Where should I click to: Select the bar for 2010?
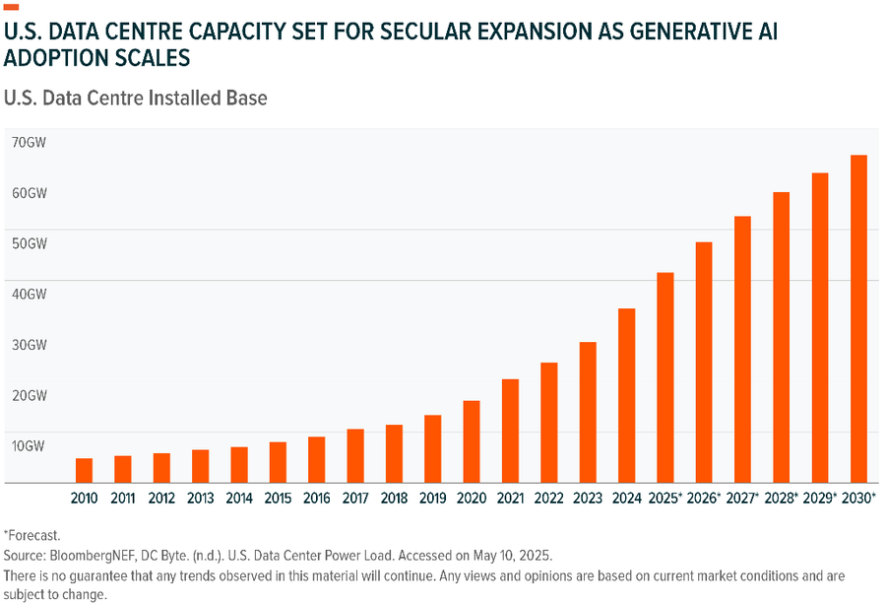85,470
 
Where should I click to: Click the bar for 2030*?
858,318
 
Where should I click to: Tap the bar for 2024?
626,395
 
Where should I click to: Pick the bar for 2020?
472,441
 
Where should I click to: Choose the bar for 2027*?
742,349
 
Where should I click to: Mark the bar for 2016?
316,459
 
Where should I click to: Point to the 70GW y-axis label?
30,142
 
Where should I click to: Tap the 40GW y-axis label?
30,294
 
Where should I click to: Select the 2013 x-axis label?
201,499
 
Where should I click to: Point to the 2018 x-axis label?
394,499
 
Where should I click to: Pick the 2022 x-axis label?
548,499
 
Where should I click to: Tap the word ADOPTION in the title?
58,59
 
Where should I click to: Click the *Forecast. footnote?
32,536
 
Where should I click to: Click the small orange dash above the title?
12,7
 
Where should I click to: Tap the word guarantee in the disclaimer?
104,575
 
